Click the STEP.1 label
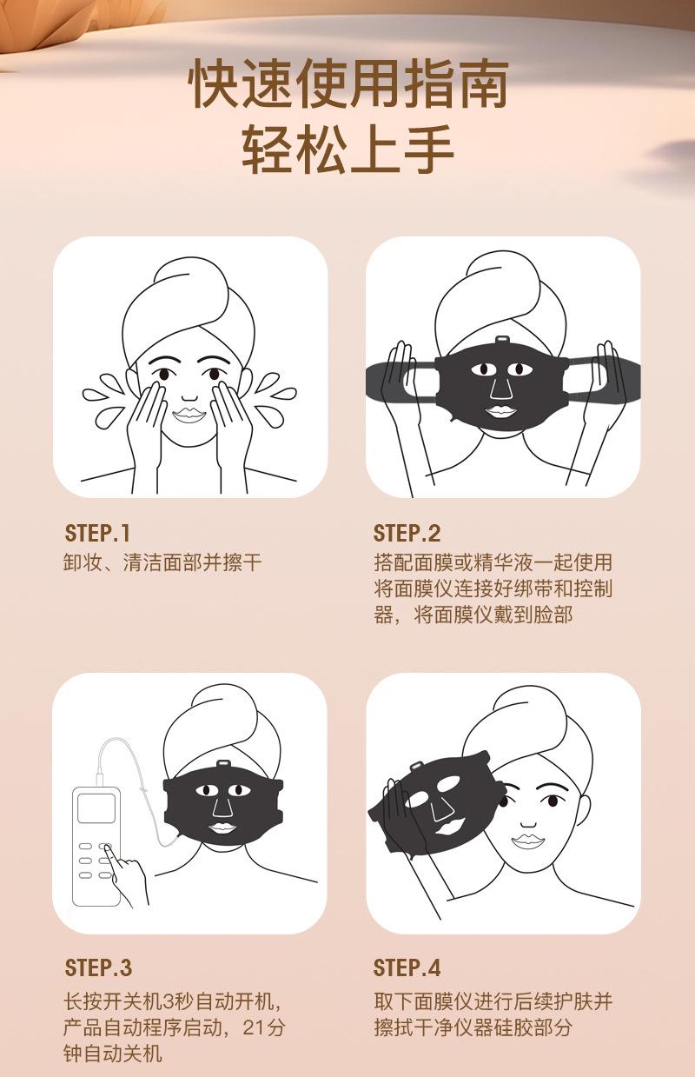coord(97,534)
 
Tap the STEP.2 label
coord(407,534)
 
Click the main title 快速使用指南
coord(348,84)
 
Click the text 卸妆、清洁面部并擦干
coord(162,562)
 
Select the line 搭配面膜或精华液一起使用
coord(493,562)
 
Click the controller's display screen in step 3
coord(96,808)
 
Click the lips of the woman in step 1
coord(189,416)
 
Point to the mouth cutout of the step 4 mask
coord(450,826)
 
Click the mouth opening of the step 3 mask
coord(222,828)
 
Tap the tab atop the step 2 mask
coord(503,339)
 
